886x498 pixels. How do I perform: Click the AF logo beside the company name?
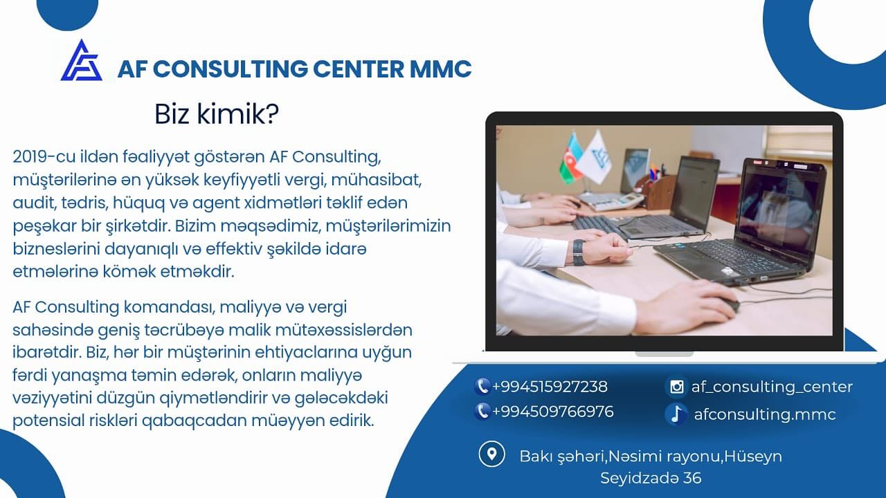(x=81, y=62)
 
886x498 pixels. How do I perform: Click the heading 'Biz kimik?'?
(x=216, y=114)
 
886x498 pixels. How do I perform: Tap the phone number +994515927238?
(x=550, y=387)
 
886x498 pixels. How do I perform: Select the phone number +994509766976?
(x=552, y=412)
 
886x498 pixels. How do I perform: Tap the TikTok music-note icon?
(x=676, y=414)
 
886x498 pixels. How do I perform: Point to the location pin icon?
(x=491, y=454)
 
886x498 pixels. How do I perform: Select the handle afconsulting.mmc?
(x=765, y=414)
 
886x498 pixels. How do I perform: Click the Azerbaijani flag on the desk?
(x=571, y=159)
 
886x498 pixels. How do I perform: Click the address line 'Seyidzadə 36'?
(x=651, y=478)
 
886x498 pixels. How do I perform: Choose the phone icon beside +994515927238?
(x=482, y=387)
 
